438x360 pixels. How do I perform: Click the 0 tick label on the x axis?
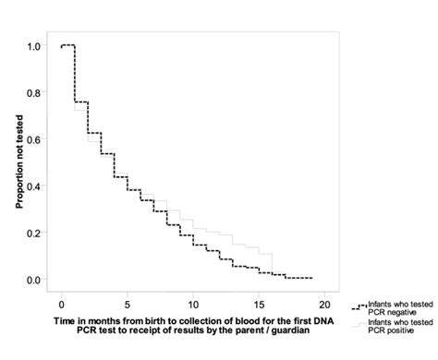coord(62,303)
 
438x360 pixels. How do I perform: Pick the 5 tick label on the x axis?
coord(128,303)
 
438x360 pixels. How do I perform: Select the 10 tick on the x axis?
coord(193,303)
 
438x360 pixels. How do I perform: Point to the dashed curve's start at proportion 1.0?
coord(62,45)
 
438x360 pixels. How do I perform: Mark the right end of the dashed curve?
coord(312,278)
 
